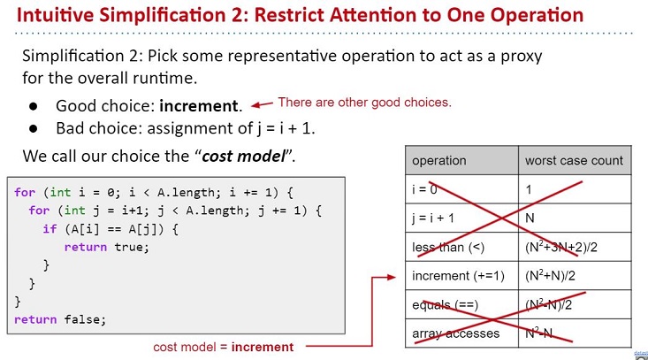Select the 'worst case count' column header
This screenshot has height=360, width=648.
(574, 160)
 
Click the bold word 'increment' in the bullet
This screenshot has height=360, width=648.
(199, 106)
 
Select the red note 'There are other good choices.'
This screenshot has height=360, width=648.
(364, 102)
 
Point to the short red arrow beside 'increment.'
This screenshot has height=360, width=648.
(262, 104)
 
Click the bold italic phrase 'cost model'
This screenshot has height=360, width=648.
(243, 157)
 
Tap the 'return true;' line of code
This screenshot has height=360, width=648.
(106, 247)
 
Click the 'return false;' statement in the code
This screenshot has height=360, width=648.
(60, 319)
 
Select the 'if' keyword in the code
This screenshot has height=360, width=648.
(50, 228)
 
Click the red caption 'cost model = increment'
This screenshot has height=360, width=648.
(223, 347)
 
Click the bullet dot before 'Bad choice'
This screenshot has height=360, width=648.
(34, 128)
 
